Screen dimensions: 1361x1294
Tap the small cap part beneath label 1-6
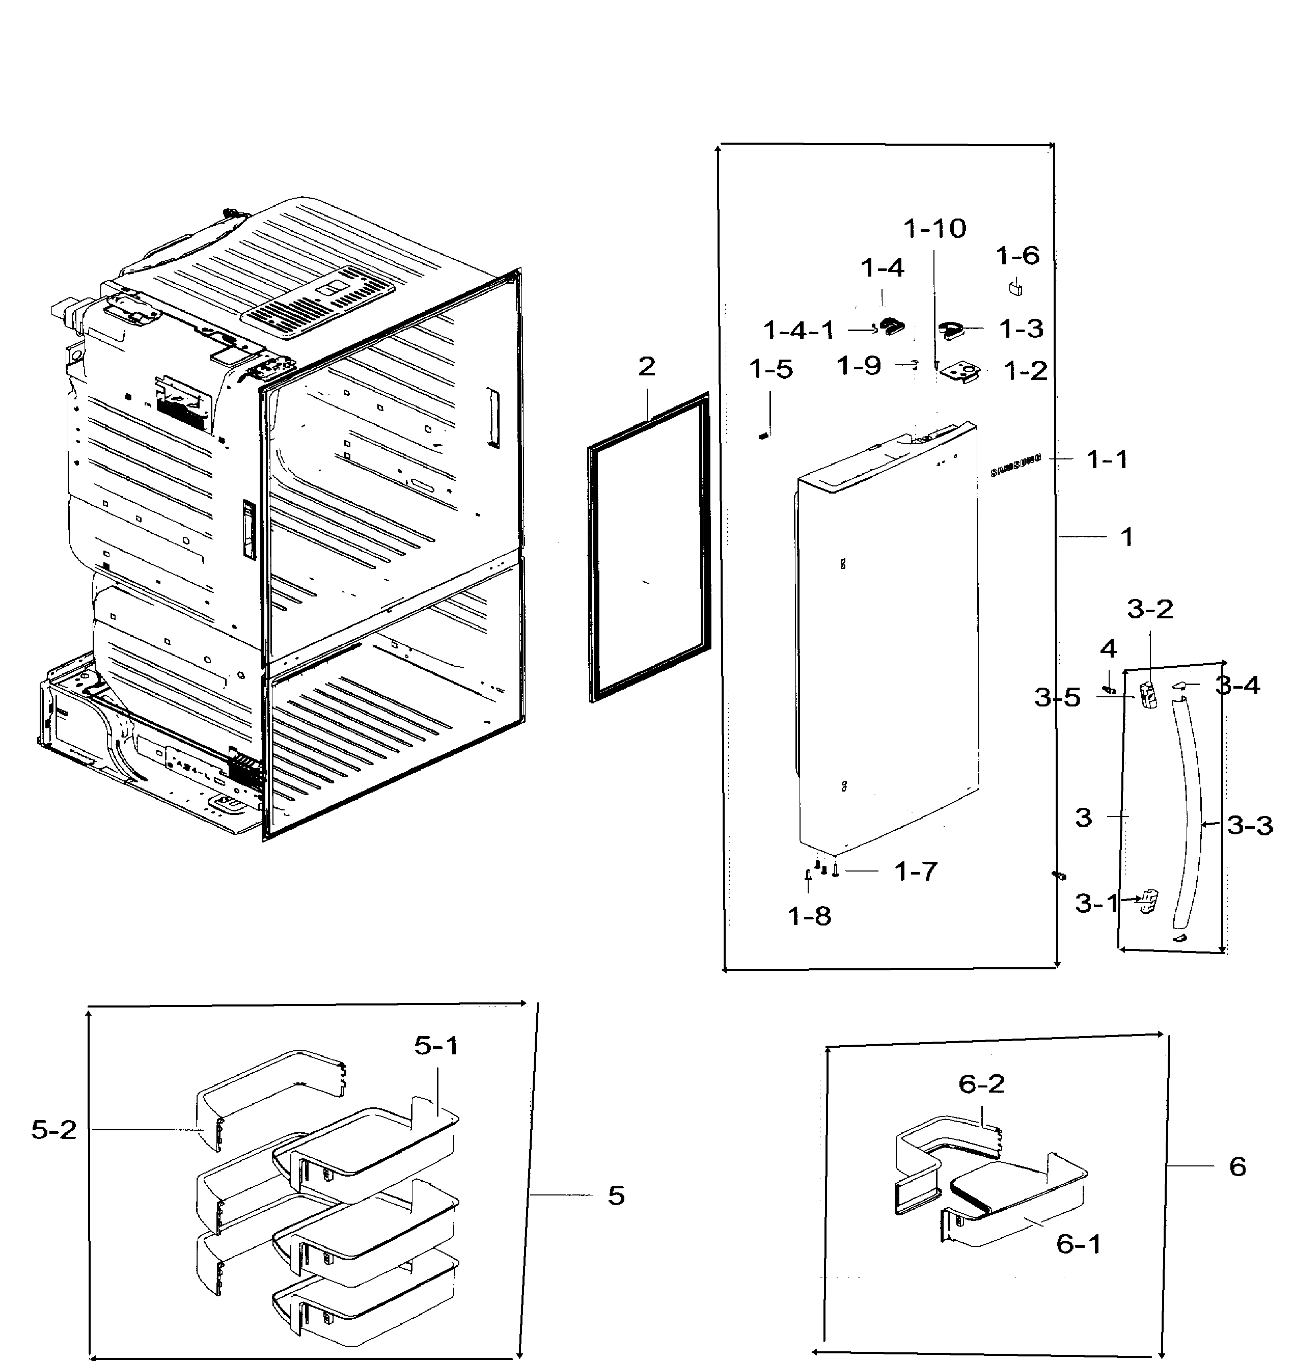coord(1015,287)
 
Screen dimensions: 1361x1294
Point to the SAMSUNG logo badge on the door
coord(1015,466)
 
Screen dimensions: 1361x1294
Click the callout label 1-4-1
coord(799,331)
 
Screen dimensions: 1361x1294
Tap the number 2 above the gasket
coord(646,366)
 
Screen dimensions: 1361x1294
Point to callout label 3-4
coord(1237,685)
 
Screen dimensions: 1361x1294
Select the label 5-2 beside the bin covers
coord(54,1130)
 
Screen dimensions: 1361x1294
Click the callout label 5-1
coord(436,1046)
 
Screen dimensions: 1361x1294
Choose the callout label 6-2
coord(981,1084)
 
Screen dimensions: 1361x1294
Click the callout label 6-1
coord(1079,1244)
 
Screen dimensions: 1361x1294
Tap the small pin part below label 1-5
coord(763,435)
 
